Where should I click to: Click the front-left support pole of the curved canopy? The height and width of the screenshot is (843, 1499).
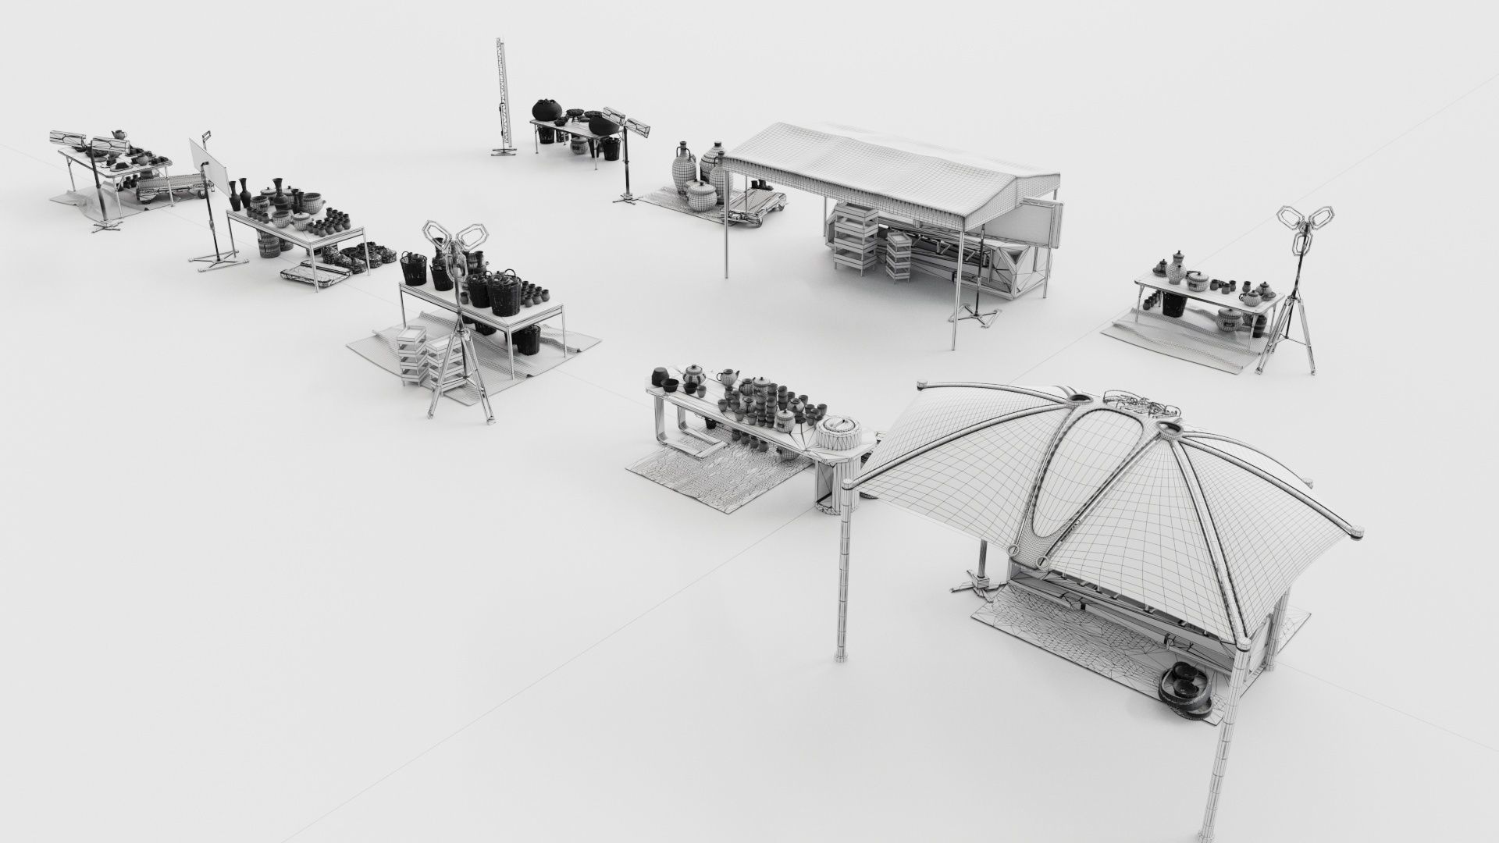(842, 593)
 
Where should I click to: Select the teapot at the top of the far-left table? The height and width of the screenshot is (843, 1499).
(117, 135)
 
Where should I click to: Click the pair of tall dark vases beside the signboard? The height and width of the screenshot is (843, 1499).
(238, 191)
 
